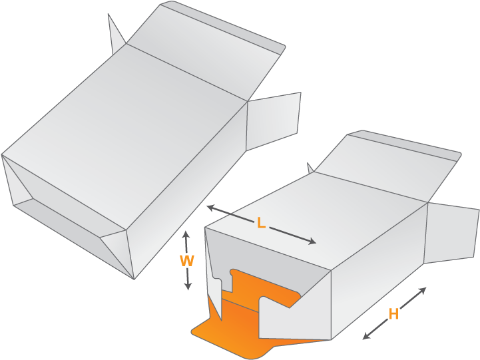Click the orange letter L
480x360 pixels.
coord(261,224)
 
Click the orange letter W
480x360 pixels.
coord(187,262)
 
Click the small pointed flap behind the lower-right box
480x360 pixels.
coord(310,168)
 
